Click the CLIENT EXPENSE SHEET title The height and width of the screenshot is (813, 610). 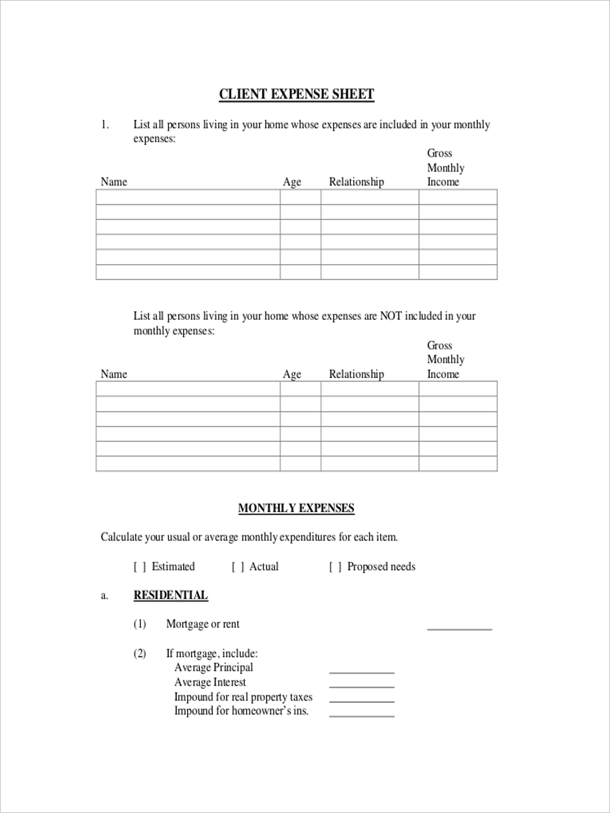(296, 94)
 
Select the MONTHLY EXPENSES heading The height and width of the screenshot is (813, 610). (296, 508)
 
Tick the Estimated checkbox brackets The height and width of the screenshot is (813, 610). (140, 567)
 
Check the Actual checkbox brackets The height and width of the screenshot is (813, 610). (237, 567)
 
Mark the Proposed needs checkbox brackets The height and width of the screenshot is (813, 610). (335, 567)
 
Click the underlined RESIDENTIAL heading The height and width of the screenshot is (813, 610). (171, 596)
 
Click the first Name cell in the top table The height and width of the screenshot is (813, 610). (188, 197)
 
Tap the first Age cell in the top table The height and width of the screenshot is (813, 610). (300, 197)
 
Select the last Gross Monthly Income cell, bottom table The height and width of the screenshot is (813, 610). (457, 463)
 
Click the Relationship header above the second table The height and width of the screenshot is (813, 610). (356, 374)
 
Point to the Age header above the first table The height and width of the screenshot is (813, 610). (292, 182)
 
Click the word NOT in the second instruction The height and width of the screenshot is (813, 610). (391, 316)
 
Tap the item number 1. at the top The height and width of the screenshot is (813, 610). (105, 125)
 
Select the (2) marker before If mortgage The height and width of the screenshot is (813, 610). (140, 654)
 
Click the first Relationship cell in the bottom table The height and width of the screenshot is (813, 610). (369, 389)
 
